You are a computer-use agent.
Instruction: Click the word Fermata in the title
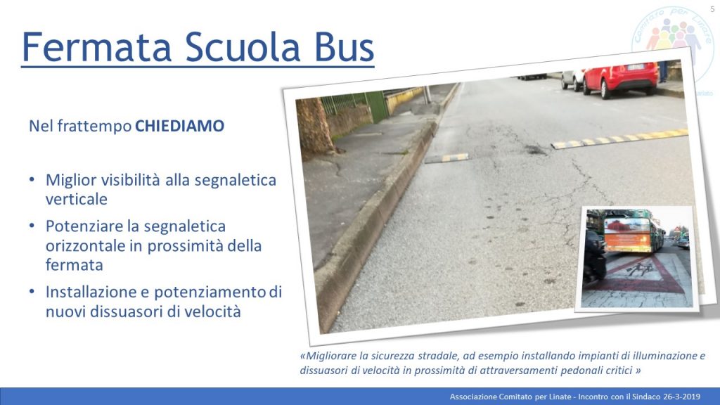[x=96, y=47]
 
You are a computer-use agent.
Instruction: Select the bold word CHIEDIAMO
[x=179, y=126]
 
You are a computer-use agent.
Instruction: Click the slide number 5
[x=712, y=9]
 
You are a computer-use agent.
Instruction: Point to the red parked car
[x=621, y=79]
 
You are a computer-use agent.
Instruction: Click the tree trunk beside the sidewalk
[x=314, y=127]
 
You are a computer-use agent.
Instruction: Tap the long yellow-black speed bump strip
[x=620, y=139]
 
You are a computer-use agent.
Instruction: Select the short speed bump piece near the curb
[x=446, y=158]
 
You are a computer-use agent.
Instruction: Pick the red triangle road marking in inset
[x=638, y=276]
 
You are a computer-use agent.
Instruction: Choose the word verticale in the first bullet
[x=76, y=199]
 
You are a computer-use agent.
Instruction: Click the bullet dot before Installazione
[x=32, y=291]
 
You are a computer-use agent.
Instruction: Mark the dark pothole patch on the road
[x=535, y=149]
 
